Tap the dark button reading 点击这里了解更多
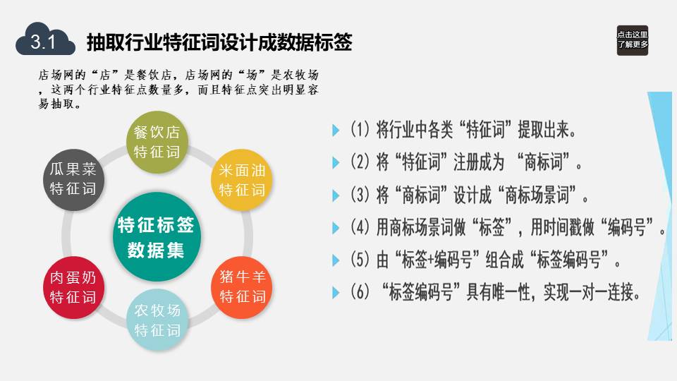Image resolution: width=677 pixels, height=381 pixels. point(632,40)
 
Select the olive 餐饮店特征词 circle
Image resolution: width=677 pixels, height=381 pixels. point(157,142)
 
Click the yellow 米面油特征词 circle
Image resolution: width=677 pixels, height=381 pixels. point(242,180)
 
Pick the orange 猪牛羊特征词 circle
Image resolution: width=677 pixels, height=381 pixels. point(242,287)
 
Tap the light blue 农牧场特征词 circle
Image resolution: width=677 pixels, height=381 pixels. point(157,320)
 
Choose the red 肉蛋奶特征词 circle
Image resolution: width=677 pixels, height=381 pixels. point(73,288)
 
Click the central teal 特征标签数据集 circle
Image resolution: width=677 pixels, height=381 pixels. point(157,237)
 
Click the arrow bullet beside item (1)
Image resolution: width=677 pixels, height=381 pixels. point(336,130)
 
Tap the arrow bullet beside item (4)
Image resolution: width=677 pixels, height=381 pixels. point(336,228)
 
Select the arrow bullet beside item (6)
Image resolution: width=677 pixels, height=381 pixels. point(336,293)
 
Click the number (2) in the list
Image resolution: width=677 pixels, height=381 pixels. point(360,162)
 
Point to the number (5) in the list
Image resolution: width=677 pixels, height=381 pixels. point(360,260)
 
